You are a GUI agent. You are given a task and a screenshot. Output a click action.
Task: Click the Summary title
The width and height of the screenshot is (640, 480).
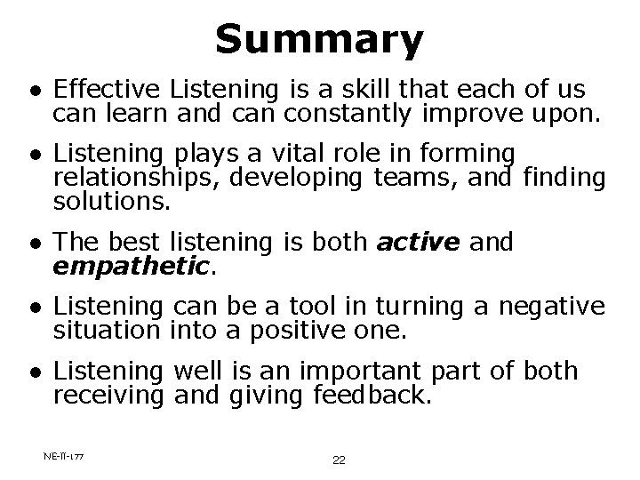pos(319,39)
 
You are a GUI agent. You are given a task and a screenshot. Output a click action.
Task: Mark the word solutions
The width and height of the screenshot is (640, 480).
pos(111,201)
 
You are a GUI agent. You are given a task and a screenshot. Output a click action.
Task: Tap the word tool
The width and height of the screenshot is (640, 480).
pos(330,307)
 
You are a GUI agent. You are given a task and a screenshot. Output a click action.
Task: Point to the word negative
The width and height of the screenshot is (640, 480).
pos(551,307)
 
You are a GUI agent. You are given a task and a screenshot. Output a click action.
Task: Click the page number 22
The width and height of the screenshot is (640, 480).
pos(338,460)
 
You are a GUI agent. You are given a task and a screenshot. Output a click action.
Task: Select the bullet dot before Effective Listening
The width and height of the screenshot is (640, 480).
pos(33,91)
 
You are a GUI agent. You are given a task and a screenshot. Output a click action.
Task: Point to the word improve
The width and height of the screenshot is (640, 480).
pos(476,114)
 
